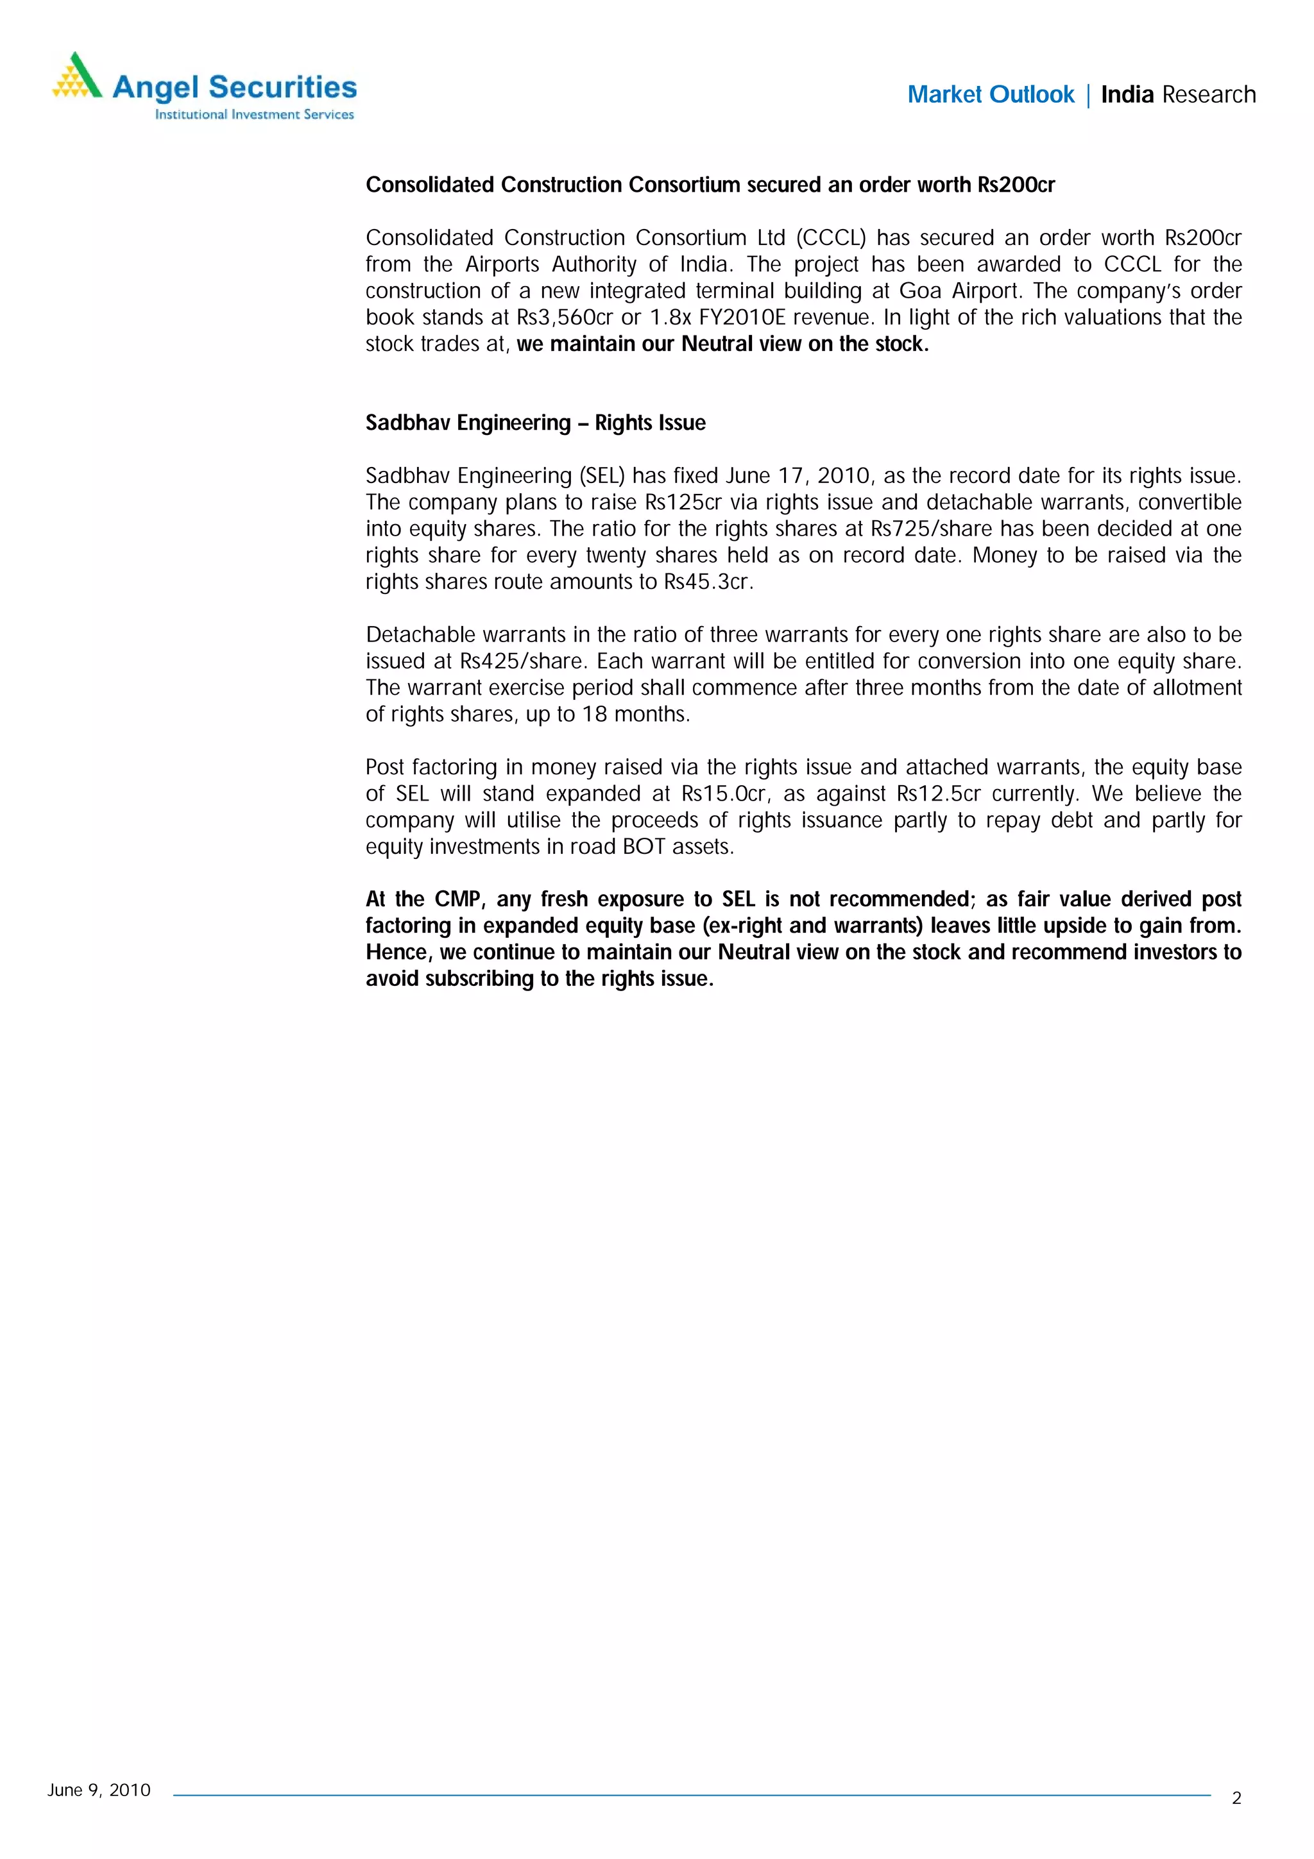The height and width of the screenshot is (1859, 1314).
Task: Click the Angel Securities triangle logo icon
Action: (x=78, y=76)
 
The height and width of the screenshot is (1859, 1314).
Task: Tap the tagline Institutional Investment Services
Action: (x=254, y=115)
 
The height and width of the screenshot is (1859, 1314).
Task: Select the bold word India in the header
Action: (x=1127, y=95)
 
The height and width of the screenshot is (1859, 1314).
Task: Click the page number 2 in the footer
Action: (x=1236, y=1798)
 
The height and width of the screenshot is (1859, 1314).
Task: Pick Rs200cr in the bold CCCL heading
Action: (x=1016, y=185)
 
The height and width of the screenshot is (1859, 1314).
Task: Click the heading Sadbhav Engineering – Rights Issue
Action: (x=535, y=423)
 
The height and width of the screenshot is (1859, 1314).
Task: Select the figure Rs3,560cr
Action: (x=565, y=318)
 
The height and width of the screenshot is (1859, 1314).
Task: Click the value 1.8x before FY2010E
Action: (x=670, y=318)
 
